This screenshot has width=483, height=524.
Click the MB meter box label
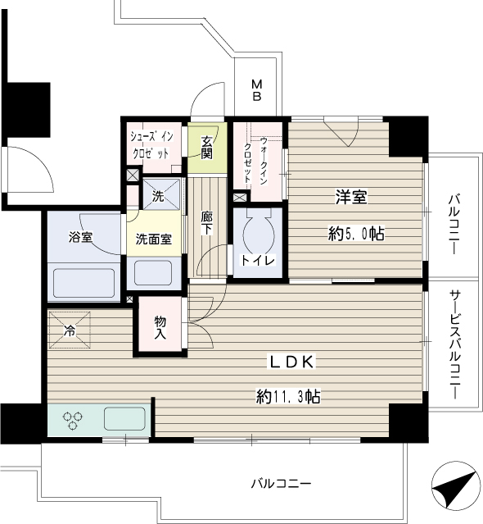(x=256, y=89)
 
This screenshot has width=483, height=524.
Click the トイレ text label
(x=258, y=260)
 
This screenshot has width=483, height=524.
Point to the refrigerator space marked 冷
(x=70, y=330)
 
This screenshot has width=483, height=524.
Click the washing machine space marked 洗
(x=161, y=194)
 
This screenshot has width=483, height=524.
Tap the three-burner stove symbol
(x=72, y=421)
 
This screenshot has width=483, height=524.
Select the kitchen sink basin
(x=124, y=419)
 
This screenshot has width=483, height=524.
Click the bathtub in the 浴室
(x=84, y=282)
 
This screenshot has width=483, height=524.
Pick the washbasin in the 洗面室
(x=153, y=273)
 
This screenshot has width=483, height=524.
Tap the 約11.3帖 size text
(x=288, y=396)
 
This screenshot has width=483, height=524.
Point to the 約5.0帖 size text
(x=356, y=233)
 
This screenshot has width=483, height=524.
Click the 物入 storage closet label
(x=160, y=328)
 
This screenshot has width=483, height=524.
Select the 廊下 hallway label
(x=207, y=223)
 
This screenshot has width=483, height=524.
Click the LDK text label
(x=292, y=362)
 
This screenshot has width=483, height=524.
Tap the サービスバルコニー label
(x=454, y=344)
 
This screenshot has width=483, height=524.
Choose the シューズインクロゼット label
(x=151, y=145)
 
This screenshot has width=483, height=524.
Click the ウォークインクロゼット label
(x=256, y=161)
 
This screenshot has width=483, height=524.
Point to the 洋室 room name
(x=351, y=197)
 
